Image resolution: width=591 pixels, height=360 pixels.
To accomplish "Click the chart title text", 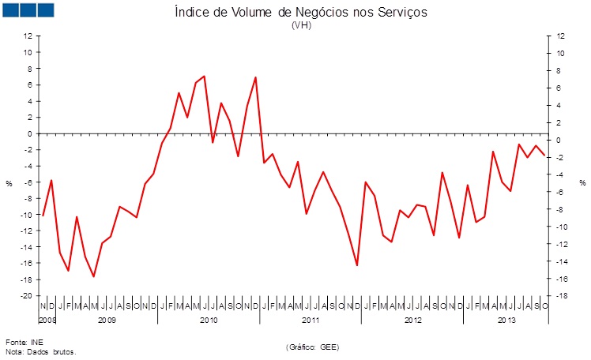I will (301, 13).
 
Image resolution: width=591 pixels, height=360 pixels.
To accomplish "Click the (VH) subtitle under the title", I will (301, 25).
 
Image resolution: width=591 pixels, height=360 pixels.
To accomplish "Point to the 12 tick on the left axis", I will (28, 36).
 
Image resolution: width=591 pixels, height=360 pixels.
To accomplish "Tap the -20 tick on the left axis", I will (26, 295).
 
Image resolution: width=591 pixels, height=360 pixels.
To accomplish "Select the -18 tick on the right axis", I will (560, 296).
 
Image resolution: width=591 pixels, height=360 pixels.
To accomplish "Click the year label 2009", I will (107, 320).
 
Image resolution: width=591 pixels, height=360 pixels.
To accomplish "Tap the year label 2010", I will (209, 320).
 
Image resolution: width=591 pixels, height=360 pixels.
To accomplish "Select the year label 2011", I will (311, 320).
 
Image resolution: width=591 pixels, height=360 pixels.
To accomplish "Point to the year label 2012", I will (412, 320).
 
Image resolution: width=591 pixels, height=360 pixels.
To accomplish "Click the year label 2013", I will (506, 320).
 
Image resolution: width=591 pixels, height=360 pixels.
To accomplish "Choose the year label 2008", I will (47, 320).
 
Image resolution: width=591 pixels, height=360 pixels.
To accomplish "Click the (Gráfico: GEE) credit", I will (312, 347).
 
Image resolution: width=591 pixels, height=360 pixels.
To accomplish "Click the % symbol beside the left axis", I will (9, 183).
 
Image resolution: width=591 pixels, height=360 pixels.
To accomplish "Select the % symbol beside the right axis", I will (582, 183).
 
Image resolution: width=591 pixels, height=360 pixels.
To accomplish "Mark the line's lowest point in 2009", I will (94, 276).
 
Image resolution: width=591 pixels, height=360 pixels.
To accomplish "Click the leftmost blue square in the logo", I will (12, 9).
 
